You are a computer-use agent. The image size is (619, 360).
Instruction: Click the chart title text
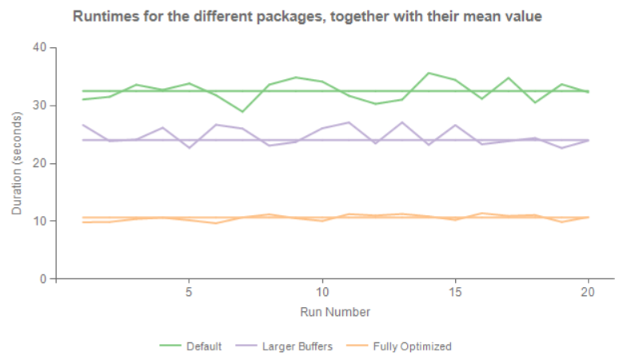[308, 16]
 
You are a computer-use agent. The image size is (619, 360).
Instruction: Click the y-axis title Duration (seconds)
[17, 163]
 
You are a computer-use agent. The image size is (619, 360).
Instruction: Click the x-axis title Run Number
[335, 311]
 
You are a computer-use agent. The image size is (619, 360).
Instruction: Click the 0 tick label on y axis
[43, 279]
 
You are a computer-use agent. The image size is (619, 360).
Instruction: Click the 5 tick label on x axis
[189, 294]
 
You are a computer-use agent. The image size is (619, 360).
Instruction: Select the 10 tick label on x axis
[321, 294]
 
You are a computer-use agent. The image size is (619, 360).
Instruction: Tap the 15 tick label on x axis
[455, 294]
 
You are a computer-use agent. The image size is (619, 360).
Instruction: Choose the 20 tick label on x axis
[589, 294]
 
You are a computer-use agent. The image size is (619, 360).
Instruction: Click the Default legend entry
[191, 346]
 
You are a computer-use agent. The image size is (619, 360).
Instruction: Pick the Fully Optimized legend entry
[399, 346]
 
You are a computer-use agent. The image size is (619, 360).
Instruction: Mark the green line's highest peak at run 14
[429, 73]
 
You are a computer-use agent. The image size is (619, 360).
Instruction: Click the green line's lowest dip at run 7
[242, 111]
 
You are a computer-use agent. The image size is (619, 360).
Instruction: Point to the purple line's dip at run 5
[189, 148]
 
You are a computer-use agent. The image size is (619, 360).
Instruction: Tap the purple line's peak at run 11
[349, 122]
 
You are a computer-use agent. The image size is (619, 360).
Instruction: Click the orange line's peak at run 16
[482, 214]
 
